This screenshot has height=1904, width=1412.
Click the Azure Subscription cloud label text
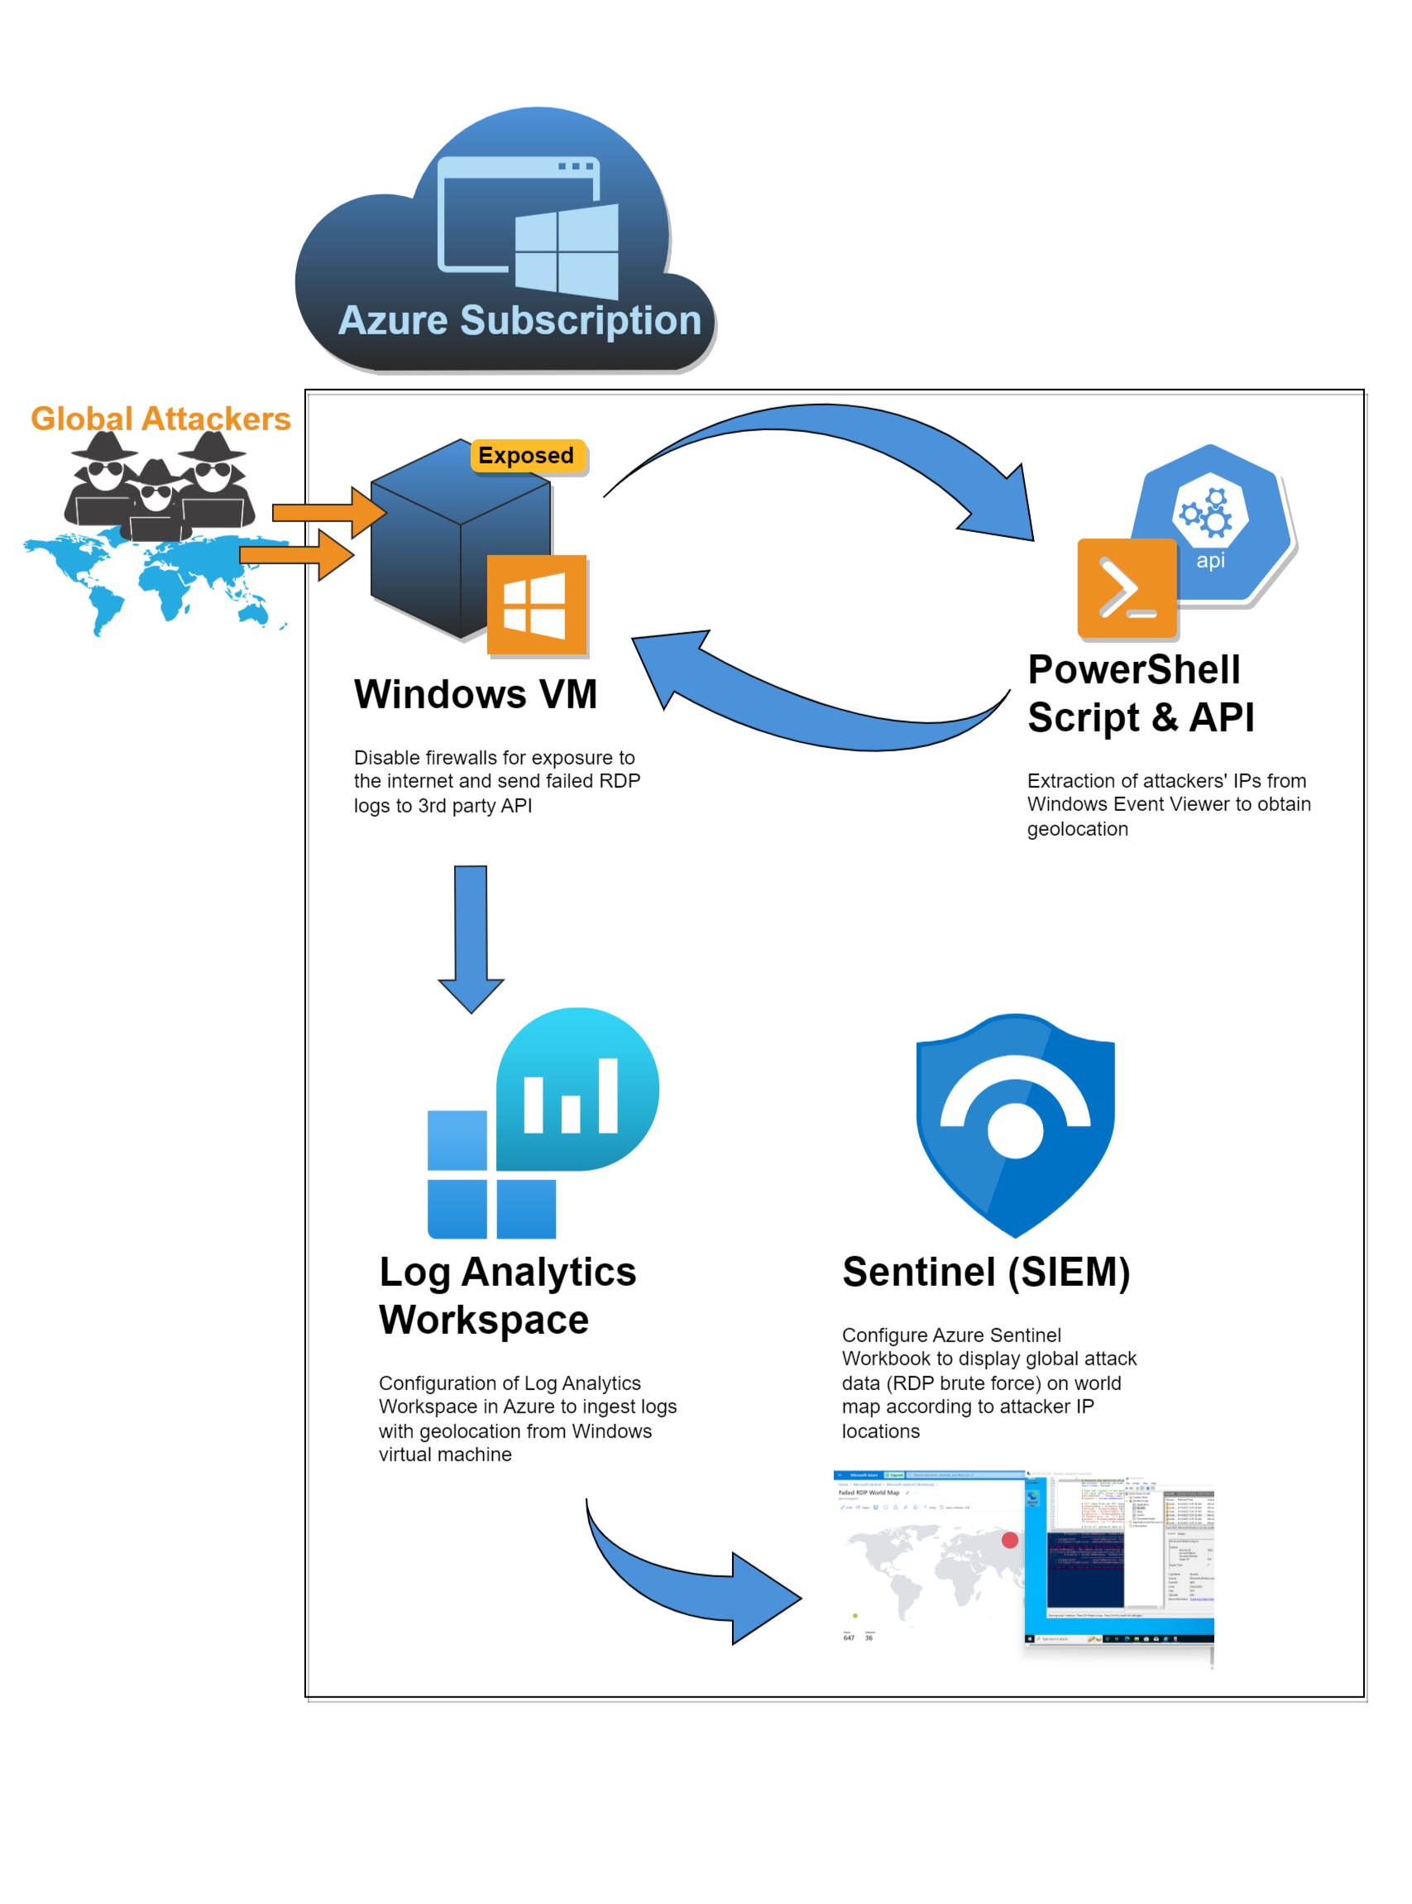(x=519, y=320)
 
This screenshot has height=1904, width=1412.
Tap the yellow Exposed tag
(x=527, y=456)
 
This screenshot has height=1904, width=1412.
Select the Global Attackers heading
(x=160, y=419)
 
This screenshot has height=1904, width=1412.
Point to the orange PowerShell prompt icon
(x=1127, y=588)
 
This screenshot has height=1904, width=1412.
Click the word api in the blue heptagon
(x=1209, y=560)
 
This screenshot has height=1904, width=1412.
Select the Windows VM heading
(x=476, y=693)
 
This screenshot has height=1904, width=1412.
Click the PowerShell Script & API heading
(x=1139, y=693)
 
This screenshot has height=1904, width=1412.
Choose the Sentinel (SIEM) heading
(x=985, y=1271)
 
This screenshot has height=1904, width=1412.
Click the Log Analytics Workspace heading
(x=507, y=1294)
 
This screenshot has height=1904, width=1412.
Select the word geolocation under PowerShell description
(x=1077, y=828)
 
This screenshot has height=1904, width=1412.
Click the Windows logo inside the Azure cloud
(x=567, y=252)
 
